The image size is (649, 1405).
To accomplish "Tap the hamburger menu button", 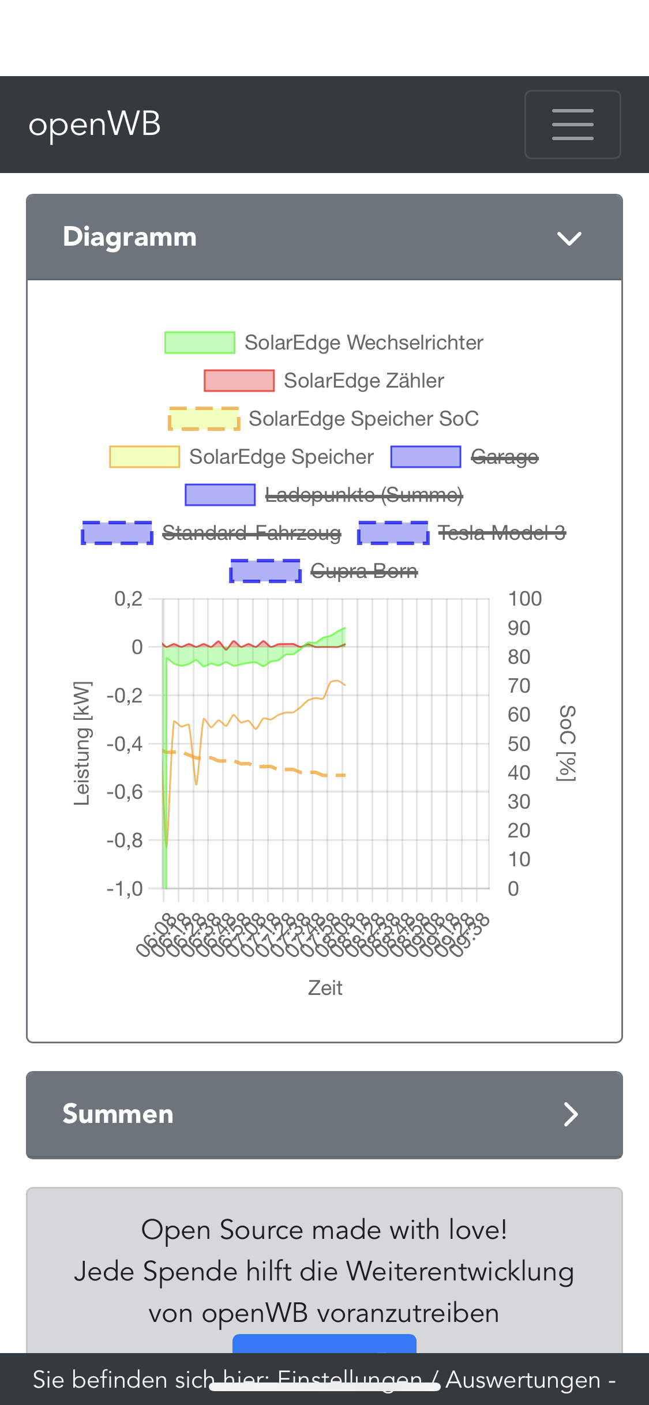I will pyautogui.click(x=572, y=124).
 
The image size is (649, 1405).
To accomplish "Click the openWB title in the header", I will pyautogui.click(x=95, y=124).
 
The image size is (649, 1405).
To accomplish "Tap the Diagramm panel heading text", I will pyautogui.click(x=130, y=237).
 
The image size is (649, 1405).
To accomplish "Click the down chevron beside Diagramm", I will pyautogui.click(x=569, y=238).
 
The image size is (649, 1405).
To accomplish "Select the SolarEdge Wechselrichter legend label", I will pyautogui.click(x=363, y=343).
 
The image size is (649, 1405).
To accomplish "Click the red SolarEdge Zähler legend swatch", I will pyautogui.click(x=239, y=381).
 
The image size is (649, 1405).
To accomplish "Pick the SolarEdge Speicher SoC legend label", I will pyautogui.click(x=363, y=419).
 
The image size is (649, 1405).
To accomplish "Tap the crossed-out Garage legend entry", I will pyautogui.click(x=504, y=457).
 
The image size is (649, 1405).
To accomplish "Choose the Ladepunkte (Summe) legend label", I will pyautogui.click(x=363, y=495).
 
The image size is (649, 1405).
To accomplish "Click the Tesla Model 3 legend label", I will pyautogui.click(x=501, y=533).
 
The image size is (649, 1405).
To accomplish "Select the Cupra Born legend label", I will pyautogui.click(x=363, y=571).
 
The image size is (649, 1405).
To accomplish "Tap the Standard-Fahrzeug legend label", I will pyautogui.click(x=252, y=533).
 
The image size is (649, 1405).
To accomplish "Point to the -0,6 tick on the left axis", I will pyautogui.click(x=125, y=792).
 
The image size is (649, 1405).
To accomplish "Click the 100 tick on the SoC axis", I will pyautogui.click(x=524, y=599).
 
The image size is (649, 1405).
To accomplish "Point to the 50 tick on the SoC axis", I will pyautogui.click(x=519, y=744).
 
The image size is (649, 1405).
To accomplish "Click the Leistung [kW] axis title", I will pyautogui.click(x=82, y=743).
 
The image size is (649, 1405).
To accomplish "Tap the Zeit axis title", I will pyautogui.click(x=325, y=988).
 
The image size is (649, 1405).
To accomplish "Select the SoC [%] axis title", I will pyautogui.click(x=567, y=743).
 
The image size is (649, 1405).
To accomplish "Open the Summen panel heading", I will pyautogui.click(x=118, y=1114).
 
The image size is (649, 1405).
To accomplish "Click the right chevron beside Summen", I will pyautogui.click(x=571, y=1114).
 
